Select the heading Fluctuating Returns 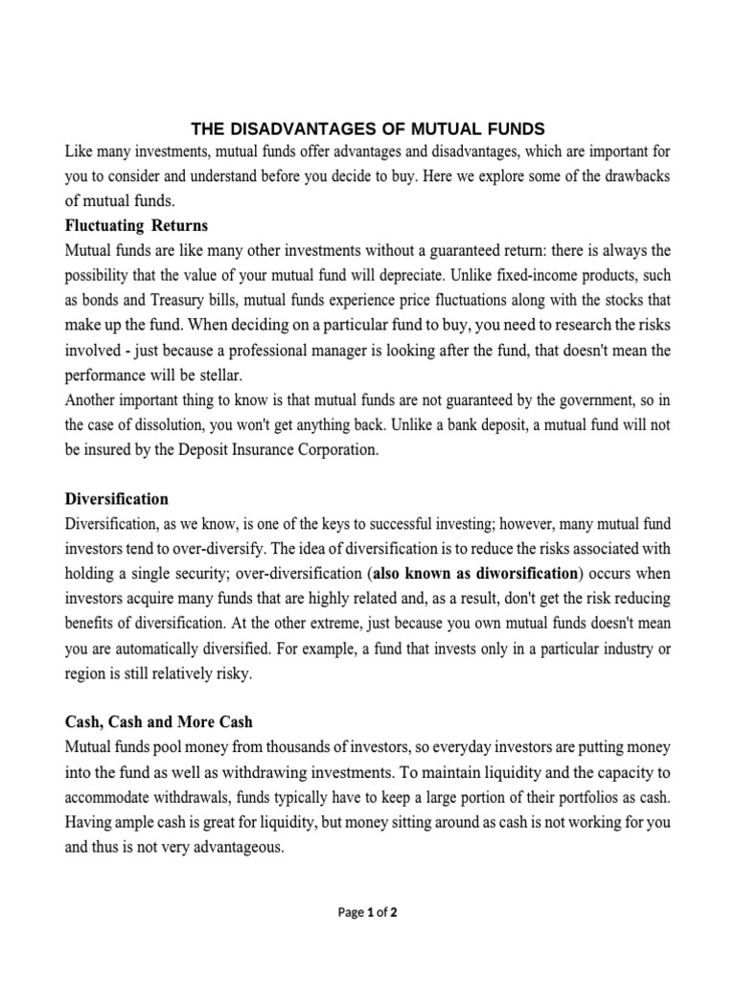pos(135,226)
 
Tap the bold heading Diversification pos(116,499)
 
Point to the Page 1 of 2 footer pos(368,912)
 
